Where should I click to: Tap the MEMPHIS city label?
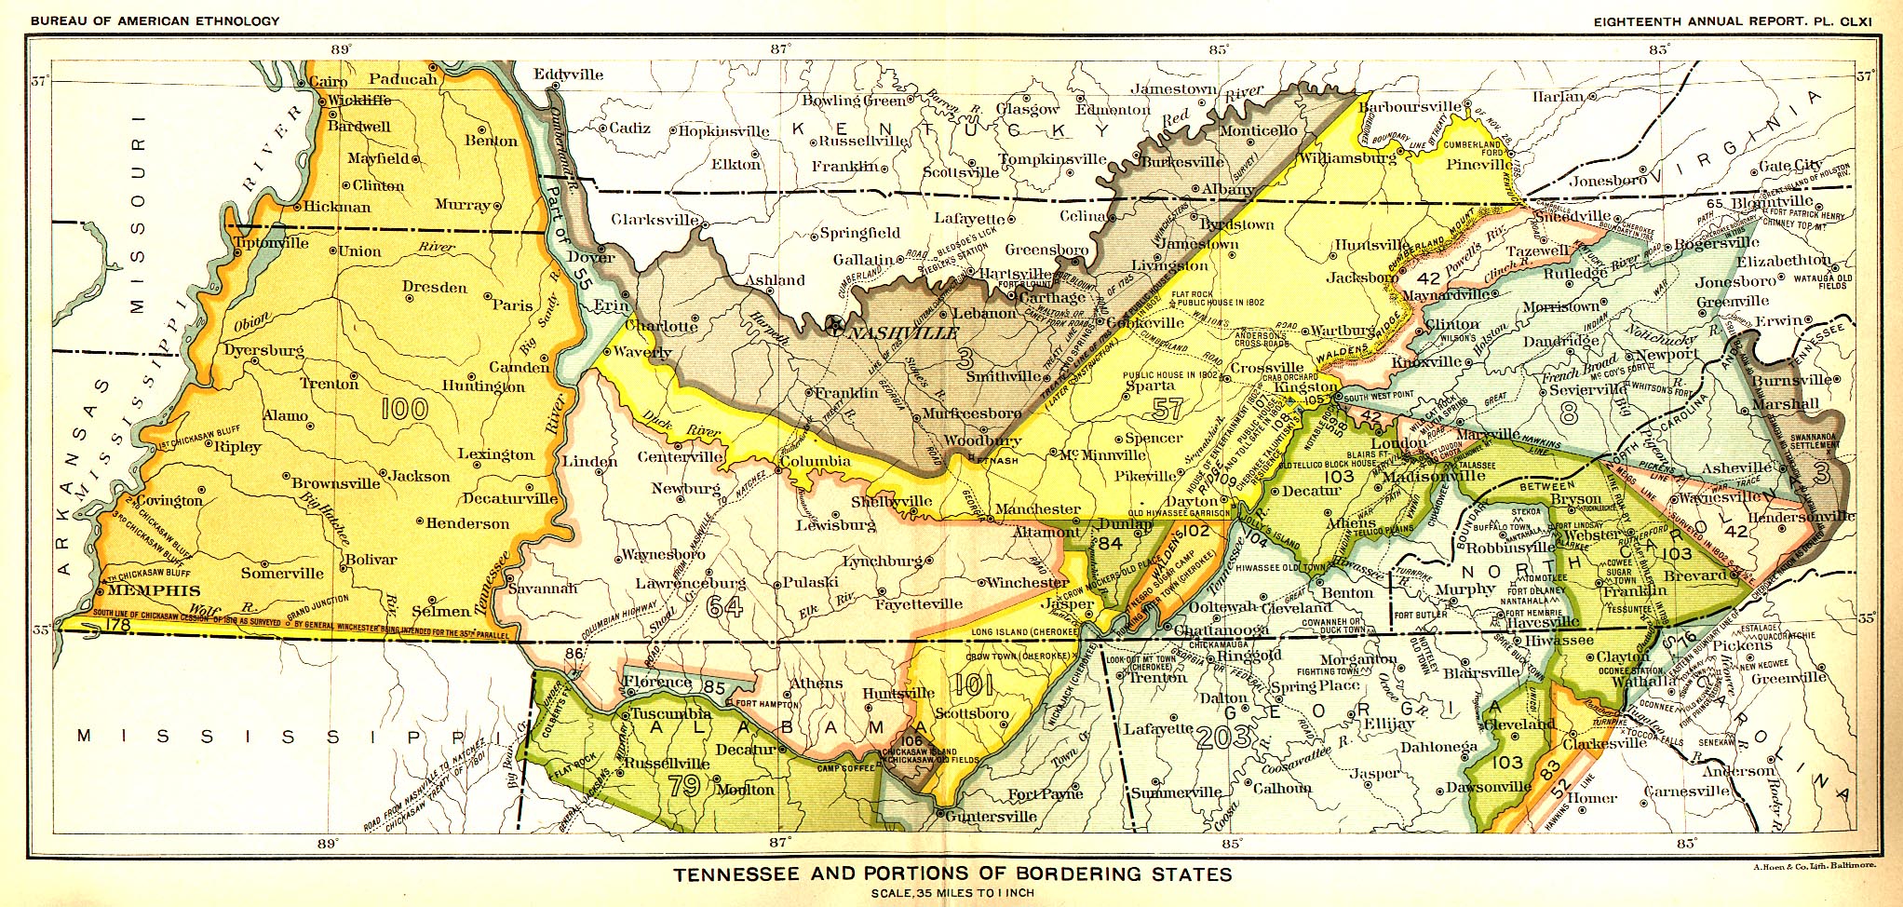point(155,590)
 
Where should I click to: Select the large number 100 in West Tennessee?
point(404,408)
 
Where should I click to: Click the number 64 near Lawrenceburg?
point(724,606)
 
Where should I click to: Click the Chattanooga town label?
point(1221,630)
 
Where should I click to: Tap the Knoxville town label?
point(1426,361)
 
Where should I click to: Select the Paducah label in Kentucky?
point(402,79)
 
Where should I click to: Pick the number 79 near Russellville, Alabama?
point(684,786)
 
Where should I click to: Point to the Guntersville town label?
point(992,817)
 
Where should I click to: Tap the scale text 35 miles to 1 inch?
point(952,893)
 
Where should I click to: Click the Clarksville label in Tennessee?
point(655,220)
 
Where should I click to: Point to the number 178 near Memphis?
point(118,626)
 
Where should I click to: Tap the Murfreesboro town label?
point(972,413)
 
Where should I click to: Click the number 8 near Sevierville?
point(1568,413)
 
